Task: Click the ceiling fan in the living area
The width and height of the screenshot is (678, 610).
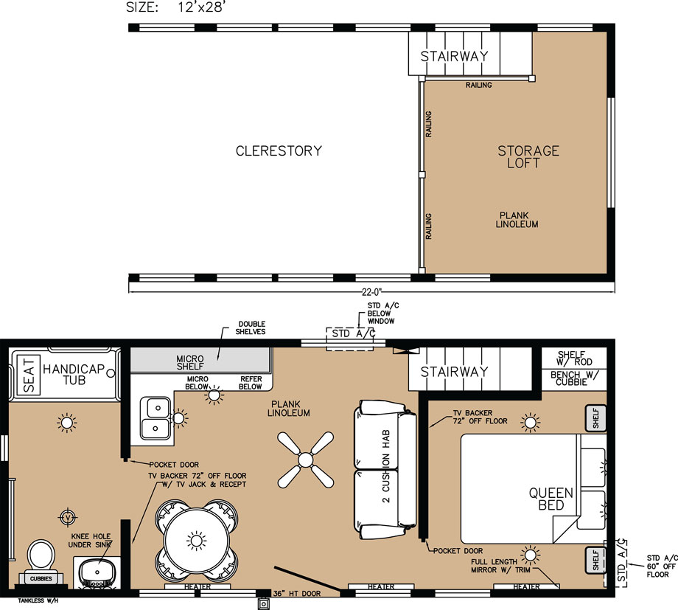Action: (x=305, y=460)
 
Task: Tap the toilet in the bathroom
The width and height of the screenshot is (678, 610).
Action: (x=41, y=554)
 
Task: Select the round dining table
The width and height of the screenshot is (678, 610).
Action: (x=196, y=541)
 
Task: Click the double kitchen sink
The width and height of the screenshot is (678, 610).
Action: (x=155, y=418)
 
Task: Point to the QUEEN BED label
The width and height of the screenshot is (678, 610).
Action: (x=551, y=499)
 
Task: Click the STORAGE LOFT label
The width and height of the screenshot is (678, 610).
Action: (x=528, y=156)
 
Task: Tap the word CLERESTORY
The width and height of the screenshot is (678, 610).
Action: (x=279, y=150)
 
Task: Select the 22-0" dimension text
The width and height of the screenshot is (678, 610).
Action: (x=372, y=292)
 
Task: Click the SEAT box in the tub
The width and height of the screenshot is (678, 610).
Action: (x=29, y=375)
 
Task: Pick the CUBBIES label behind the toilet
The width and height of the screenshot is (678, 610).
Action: (x=41, y=578)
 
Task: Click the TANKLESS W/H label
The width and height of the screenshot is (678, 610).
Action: (x=38, y=600)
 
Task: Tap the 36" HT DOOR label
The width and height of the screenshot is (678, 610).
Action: (x=296, y=593)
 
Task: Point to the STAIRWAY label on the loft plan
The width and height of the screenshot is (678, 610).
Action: (x=455, y=56)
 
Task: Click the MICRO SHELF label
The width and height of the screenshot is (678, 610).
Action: (x=190, y=362)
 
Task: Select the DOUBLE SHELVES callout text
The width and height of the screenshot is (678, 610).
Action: (x=251, y=327)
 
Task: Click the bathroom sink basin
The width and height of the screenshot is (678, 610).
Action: (x=97, y=572)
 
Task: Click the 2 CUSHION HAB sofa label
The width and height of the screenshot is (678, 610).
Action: (x=385, y=466)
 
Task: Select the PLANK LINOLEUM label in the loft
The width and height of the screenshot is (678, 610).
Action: (x=517, y=220)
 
